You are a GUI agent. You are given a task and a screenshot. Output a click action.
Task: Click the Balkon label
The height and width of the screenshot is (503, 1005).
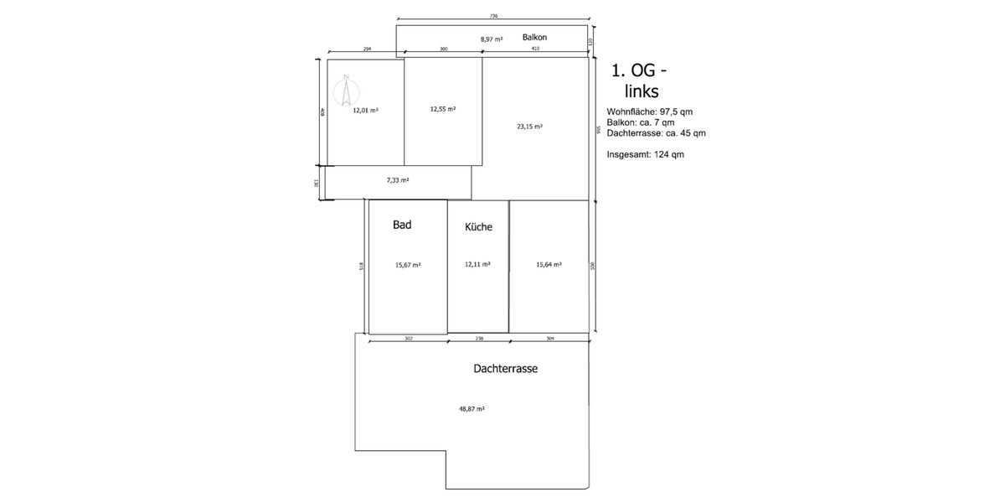(x=535, y=38)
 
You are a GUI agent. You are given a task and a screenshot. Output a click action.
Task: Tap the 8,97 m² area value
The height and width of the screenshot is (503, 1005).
(x=492, y=39)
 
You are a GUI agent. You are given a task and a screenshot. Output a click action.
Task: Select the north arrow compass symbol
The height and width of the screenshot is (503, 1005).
(x=345, y=90)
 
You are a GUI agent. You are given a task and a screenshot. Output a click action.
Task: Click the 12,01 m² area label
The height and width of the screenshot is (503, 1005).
(x=365, y=110)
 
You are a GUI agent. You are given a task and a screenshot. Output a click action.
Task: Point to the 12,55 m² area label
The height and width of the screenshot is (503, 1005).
(x=442, y=109)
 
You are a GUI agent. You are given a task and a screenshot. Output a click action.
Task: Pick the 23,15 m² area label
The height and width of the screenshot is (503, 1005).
(x=529, y=127)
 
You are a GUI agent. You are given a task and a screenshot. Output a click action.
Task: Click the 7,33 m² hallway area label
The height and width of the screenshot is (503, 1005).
(x=398, y=179)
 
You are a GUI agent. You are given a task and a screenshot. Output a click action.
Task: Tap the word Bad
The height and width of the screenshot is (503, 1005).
(x=402, y=225)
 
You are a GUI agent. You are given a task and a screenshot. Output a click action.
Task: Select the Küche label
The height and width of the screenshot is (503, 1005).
(x=478, y=227)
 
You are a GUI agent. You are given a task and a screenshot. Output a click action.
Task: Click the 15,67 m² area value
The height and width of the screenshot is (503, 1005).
(x=408, y=265)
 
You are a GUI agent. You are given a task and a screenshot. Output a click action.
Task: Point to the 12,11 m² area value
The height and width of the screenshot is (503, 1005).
(x=477, y=264)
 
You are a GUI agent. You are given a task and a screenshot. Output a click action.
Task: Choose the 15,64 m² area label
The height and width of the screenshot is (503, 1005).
(x=549, y=264)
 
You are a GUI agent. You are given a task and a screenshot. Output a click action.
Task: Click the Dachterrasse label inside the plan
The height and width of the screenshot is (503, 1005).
(x=505, y=368)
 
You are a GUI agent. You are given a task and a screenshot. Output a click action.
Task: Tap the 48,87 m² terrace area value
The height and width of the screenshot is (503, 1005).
(x=472, y=409)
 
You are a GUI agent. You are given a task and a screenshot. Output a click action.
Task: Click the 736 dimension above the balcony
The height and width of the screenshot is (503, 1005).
(x=493, y=16)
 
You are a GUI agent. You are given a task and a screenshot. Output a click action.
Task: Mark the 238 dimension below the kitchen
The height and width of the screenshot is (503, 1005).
(x=478, y=339)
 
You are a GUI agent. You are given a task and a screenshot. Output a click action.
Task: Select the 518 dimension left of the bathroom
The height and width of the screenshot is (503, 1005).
(x=361, y=267)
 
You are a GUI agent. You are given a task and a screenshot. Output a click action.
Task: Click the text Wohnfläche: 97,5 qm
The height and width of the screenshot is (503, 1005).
(x=649, y=111)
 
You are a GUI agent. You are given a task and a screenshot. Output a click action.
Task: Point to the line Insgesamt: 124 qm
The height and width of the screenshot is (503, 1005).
(x=645, y=154)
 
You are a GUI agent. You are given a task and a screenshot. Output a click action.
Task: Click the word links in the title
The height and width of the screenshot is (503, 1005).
(x=642, y=91)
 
